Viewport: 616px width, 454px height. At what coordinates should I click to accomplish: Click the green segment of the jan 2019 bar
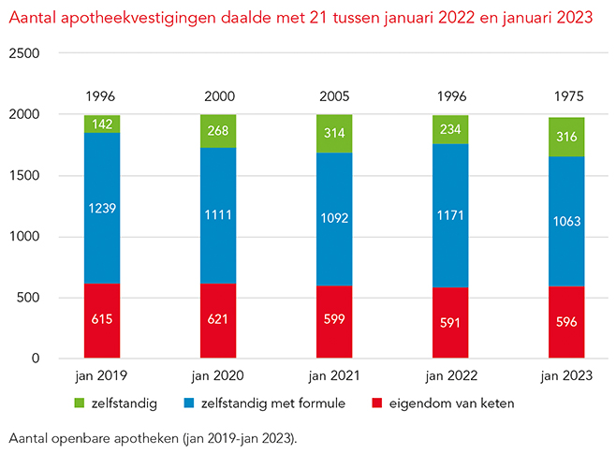click(101, 124)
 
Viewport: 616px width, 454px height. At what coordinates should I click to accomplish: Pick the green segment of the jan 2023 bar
click(566, 138)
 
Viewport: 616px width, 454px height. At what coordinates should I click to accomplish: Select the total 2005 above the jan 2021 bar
click(334, 96)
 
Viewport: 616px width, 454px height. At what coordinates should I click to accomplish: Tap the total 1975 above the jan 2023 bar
click(566, 96)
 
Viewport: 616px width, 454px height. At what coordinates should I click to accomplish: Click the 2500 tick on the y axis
click(24, 53)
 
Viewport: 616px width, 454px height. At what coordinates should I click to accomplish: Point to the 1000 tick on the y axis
click(24, 237)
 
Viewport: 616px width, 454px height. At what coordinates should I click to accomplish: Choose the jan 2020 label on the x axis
click(218, 378)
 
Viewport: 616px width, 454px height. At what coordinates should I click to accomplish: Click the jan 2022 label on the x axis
click(450, 378)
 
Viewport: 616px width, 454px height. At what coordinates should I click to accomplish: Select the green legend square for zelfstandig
click(79, 403)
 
